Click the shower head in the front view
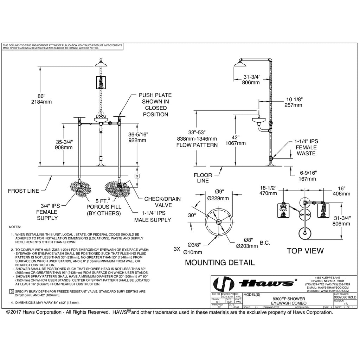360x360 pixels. (x=101, y=63)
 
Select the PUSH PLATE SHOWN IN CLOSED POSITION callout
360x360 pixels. (x=155, y=105)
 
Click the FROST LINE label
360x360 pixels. (x=24, y=191)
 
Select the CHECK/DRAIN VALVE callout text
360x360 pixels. (x=162, y=202)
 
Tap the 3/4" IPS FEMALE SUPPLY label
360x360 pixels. (x=47, y=212)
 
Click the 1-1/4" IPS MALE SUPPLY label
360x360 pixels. (x=152, y=217)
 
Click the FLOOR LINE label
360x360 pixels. (x=203, y=178)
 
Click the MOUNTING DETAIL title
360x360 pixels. (x=220, y=262)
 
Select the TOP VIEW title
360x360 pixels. (x=305, y=251)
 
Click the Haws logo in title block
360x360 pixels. (x=254, y=283)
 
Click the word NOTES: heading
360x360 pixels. (x=15, y=227)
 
